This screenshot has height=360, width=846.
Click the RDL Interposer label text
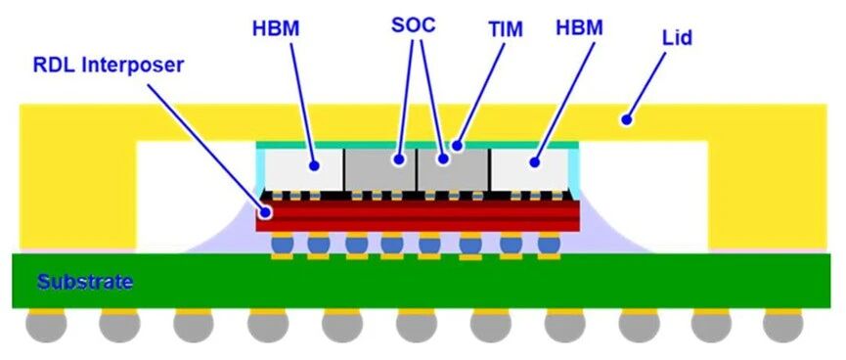pyautogui.click(x=109, y=65)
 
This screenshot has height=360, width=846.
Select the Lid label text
pyautogui.click(x=677, y=38)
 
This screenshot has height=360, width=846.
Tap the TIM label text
pyautogui.click(x=506, y=30)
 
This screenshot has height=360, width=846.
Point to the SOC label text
pyautogui.click(x=414, y=25)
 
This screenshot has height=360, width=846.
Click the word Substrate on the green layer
pyautogui.click(x=85, y=282)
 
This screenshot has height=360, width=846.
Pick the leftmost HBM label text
pyautogui.click(x=276, y=28)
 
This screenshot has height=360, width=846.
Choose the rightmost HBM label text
pyautogui.click(x=579, y=28)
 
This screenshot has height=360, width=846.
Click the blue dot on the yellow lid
pyautogui.click(x=626, y=119)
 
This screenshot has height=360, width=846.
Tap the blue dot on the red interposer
pyautogui.click(x=265, y=212)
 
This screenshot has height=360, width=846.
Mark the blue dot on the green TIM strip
pyautogui.click(x=457, y=145)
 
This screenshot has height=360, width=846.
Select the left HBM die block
pyautogui.click(x=304, y=169)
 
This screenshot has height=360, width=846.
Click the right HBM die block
pyautogui.click(x=529, y=169)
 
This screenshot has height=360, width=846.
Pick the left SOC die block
pyautogui.click(x=379, y=169)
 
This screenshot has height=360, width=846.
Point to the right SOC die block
pyautogui.click(x=453, y=169)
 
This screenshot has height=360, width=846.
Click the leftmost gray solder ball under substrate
pyautogui.click(x=46, y=326)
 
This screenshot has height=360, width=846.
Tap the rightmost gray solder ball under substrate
pyautogui.click(x=782, y=326)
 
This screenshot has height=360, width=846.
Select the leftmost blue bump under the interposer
pyautogui.click(x=283, y=246)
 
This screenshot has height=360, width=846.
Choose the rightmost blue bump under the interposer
pyautogui.click(x=550, y=246)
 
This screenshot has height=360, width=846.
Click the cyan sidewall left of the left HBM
pyautogui.click(x=260, y=170)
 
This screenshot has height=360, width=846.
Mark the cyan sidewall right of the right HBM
pyautogui.click(x=573, y=171)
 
